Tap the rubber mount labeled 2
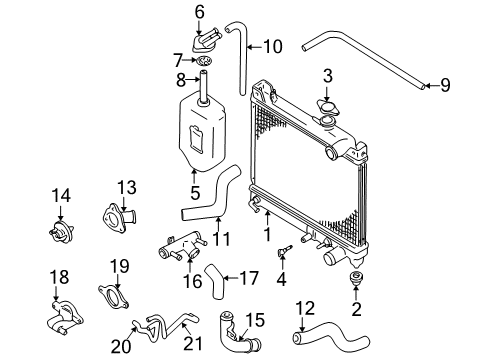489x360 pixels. pyautogui.click(x=356, y=277)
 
